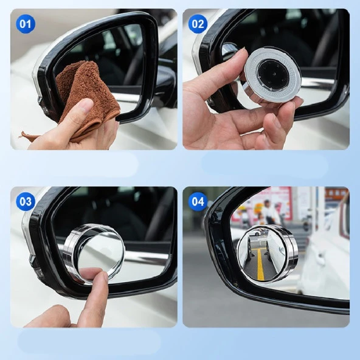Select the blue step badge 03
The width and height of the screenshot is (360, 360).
pos(25,201)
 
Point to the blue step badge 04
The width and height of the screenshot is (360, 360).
pos(198,201)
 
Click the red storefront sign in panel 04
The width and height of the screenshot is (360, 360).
pos(268,198)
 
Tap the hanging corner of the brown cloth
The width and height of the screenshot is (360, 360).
pos(27,135)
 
